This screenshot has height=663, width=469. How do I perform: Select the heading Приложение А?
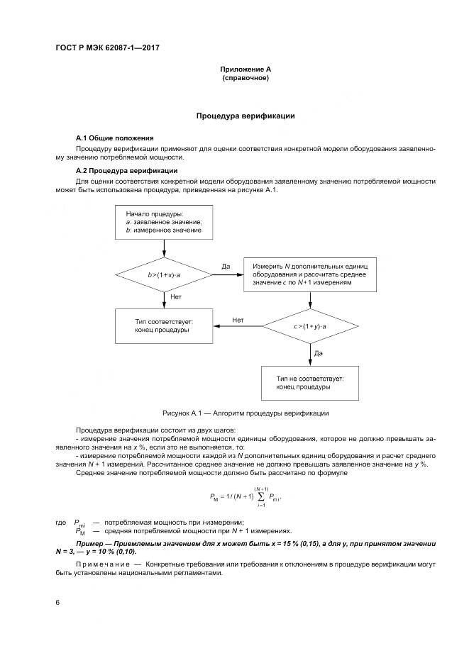click(x=245, y=69)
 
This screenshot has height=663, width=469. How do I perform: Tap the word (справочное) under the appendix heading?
click(x=245, y=77)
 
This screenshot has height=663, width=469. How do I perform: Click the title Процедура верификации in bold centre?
click(x=245, y=116)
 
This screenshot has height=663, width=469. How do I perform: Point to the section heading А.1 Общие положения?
click(x=115, y=138)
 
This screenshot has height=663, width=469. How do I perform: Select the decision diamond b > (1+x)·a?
click(x=164, y=273)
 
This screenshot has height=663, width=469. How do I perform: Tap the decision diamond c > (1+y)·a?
click(x=310, y=325)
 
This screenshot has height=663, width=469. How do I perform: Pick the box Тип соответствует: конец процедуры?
click(x=164, y=325)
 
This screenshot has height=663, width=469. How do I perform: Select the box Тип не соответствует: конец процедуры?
click(x=310, y=383)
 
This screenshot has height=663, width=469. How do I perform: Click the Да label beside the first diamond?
click(x=226, y=266)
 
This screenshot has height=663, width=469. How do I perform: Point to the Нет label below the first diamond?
click(x=176, y=298)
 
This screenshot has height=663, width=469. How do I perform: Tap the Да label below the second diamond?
click(x=319, y=352)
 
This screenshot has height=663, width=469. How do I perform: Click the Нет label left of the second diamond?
click(x=238, y=321)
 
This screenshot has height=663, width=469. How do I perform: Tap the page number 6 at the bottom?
click(x=57, y=602)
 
